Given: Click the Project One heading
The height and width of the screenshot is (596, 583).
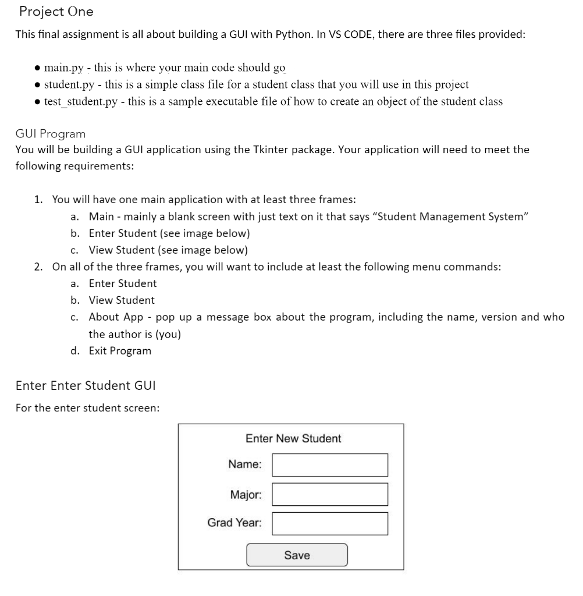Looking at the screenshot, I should [x=56, y=11].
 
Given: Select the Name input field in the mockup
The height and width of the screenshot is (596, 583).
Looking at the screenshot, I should [x=329, y=465].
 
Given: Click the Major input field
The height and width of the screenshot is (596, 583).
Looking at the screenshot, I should [x=329, y=494].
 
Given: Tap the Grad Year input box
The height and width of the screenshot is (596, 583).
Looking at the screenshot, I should [x=329, y=523].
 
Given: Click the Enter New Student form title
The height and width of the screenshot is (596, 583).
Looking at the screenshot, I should [x=293, y=439].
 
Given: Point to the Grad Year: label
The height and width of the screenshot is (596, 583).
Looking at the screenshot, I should [x=234, y=523].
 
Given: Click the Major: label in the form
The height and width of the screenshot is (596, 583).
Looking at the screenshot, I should [x=246, y=495].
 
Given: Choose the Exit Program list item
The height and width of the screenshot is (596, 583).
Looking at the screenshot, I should [x=120, y=351].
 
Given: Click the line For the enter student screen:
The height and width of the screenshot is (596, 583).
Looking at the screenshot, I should [x=87, y=407].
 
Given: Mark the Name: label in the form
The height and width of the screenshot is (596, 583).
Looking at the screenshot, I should [x=244, y=464].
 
